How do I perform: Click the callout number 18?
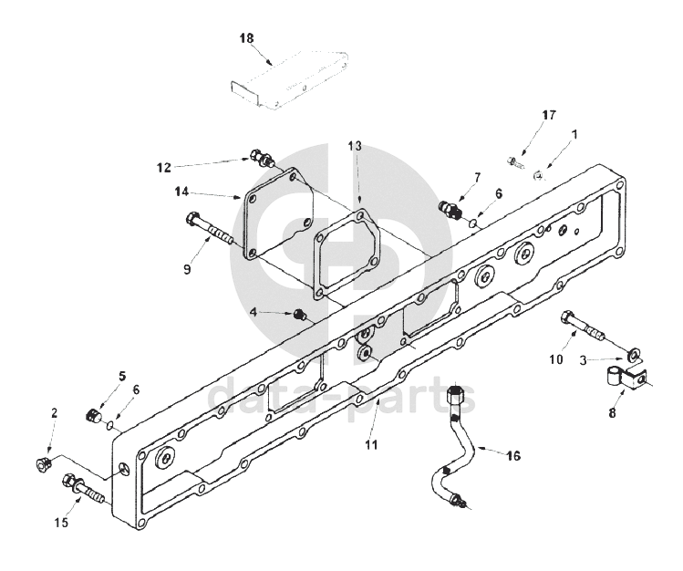point(246,38)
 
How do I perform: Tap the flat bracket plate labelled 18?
point(290,79)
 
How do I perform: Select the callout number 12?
point(164,167)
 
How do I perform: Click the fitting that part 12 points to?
point(263,158)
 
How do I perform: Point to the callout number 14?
point(182,192)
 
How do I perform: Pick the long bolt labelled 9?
point(210,228)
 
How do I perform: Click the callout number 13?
point(355,146)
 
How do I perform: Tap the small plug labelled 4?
point(299,314)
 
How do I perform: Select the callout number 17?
point(549,115)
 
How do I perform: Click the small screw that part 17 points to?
point(515,162)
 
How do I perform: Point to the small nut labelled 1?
point(539,175)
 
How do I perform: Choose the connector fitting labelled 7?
point(450,209)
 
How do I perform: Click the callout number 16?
point(514,456)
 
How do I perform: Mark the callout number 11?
point(371,445)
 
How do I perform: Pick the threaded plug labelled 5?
point(93,415)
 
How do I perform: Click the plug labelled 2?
point(43,464)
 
